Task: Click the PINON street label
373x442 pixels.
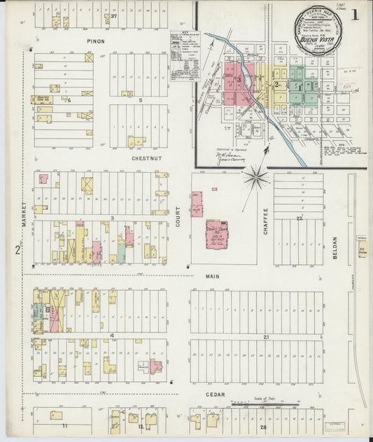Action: pyautogui.click(x=95, y=41)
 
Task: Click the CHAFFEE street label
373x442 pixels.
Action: pyautogui.click(x=266, y=220)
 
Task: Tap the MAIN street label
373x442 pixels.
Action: pyautogui.click(x=213, y=276)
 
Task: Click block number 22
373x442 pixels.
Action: pyautogui.click(x=298, y=219)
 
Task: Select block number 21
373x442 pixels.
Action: pyautogui.click(x=267, y=337)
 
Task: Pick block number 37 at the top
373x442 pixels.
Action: pyautogui.click(x=113, y=15)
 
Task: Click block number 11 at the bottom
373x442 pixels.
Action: pyautogui.click(x=64, y=425)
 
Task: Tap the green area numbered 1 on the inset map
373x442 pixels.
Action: pyautogui.click(x=301, y=89)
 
